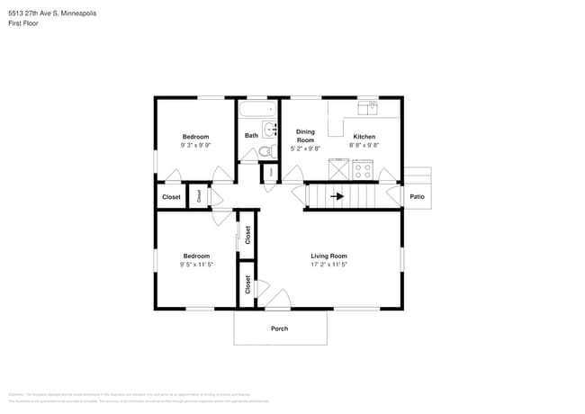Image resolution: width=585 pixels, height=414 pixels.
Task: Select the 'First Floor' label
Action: [24, 23]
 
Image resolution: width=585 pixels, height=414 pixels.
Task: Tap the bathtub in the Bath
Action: [258, 112]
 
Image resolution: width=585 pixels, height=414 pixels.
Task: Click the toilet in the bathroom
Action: [266, 150]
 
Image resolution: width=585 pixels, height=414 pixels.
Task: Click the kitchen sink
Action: [367, 107]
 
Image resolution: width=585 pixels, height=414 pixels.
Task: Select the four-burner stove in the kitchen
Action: [364, 169]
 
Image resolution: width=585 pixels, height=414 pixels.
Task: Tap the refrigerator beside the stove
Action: [338, 169]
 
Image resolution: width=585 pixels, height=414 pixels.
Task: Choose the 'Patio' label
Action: [417, 196]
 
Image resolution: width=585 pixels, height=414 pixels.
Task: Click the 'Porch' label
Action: [280, 328]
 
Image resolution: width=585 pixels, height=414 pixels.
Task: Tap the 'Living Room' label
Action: [328, 256]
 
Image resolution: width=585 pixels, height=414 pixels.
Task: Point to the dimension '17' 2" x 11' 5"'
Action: [328, 265]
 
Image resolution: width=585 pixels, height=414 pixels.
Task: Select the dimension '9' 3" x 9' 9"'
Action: [196, 145]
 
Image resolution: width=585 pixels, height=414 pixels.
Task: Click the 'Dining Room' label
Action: [306, 136]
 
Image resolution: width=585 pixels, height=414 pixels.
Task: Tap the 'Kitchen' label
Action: [364, 136]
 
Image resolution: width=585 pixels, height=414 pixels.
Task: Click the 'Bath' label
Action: [251, 136]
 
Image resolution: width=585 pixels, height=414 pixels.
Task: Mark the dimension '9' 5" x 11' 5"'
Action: [196, 265]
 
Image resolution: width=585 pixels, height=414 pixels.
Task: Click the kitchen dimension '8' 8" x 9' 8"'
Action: [364, 145]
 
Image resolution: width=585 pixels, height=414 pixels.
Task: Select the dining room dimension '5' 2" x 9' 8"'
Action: [306, 149]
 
